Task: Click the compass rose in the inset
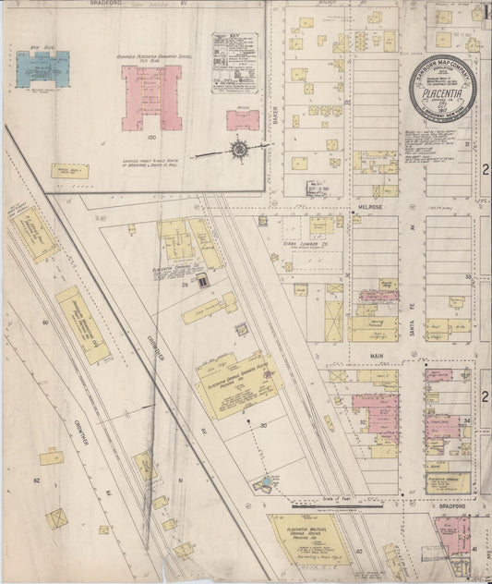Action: [x=239, y=148]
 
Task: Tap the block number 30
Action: [x=263, y=424]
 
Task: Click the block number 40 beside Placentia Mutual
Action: [x=359, y=551]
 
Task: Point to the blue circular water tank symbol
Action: [x=267, y=481]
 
